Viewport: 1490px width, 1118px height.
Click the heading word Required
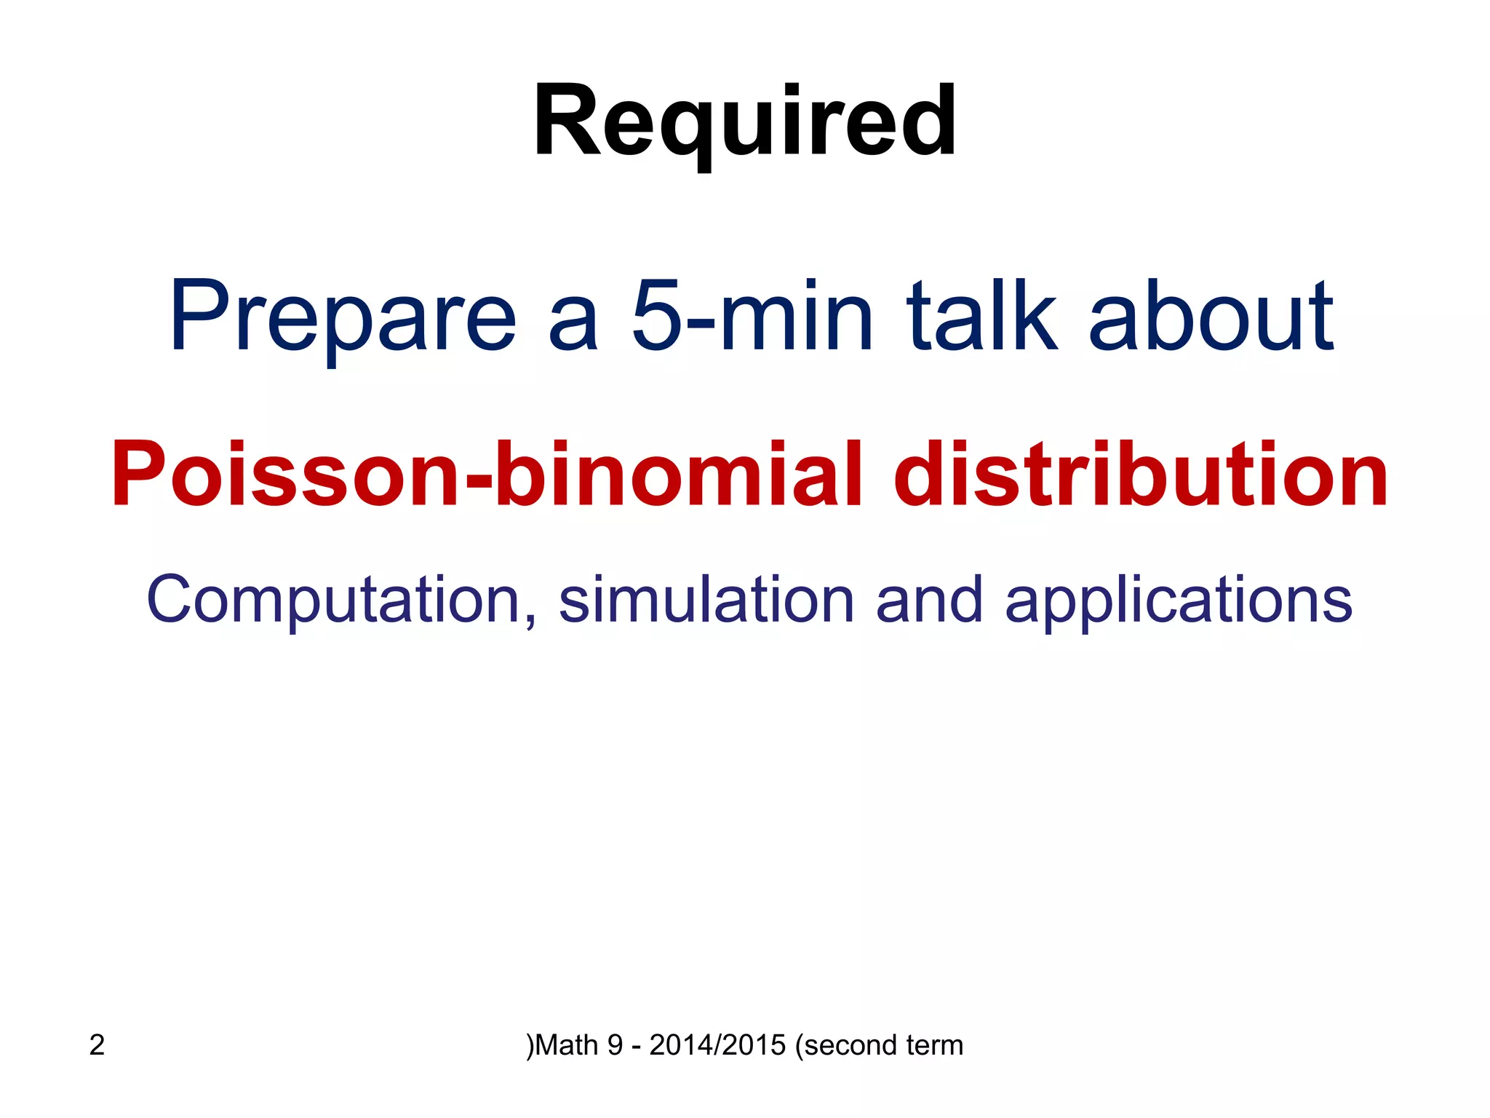744,122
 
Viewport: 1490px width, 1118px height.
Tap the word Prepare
342,318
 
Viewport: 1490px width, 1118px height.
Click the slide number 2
97,1045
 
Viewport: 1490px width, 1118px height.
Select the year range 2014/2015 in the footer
717,1045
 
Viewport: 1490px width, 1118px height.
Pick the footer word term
934,1045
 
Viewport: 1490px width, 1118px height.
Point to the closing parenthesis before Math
530,1045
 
